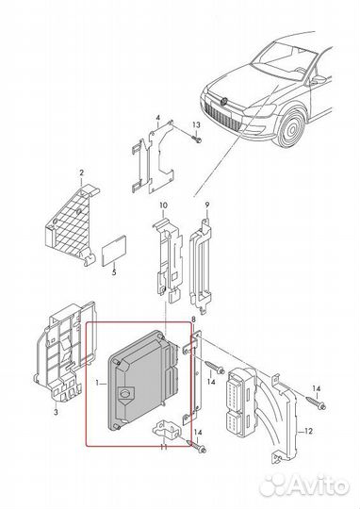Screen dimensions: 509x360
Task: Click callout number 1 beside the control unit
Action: (97, 385)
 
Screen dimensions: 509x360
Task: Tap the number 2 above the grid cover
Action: (81, 172)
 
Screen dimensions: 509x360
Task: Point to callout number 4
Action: (158, 119)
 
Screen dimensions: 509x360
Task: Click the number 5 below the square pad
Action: (112, 273)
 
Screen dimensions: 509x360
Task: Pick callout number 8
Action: (194, 322)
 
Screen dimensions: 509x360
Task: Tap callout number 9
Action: (205, 205)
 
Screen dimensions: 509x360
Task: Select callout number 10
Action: (163, 205)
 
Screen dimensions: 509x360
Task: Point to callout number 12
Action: (306, 431)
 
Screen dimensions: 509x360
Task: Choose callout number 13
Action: (197, 125)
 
